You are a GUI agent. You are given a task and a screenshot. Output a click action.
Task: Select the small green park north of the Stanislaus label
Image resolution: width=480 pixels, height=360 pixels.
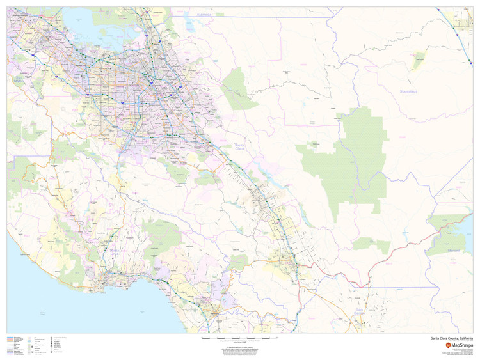(x=419, y=62)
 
